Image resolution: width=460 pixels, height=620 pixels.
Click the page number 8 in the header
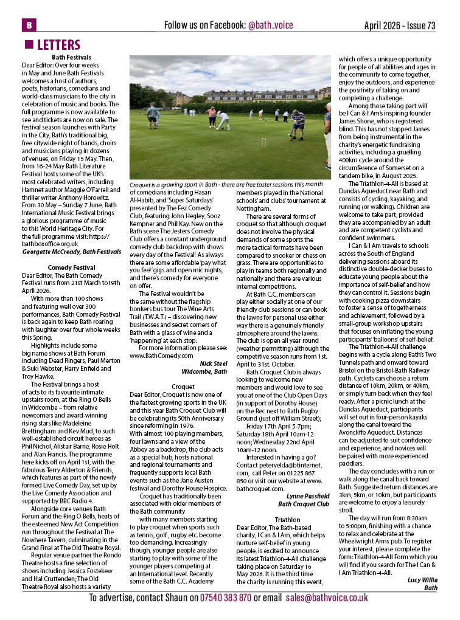(x=29, y=25)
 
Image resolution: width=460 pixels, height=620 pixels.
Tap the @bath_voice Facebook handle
(x=270, y=26)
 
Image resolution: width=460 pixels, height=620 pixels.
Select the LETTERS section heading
(x=58, y=45)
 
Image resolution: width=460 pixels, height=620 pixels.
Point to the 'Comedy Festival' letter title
(x=72, y=267)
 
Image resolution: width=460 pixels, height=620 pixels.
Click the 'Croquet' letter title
(x=183, y=386)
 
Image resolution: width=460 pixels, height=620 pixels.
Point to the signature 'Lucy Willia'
(x=422, y=580)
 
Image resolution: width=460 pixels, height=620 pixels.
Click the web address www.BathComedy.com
(x=161, y=356)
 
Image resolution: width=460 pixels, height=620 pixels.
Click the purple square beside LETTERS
(x=28, y=45)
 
